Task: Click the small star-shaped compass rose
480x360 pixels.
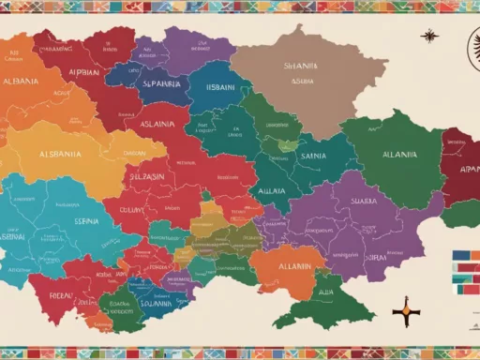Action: pyautogui.click(x=429, y=37)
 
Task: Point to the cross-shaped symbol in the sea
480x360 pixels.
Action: pyautogui.click(x=406, y=308)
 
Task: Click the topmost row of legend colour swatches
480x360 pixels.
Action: pyautogui.click(x=464, y=254)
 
